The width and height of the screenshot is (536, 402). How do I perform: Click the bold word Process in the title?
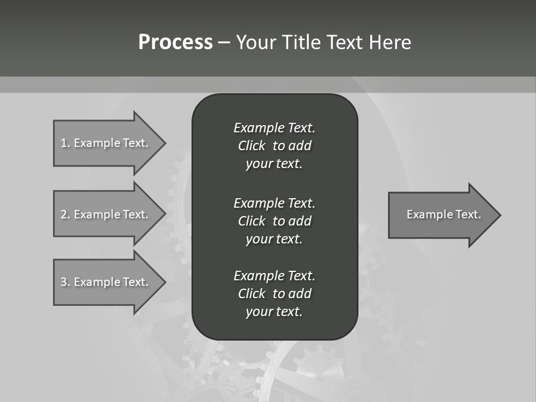coord(175,42)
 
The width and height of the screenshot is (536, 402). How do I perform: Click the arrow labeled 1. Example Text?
coord(106,143)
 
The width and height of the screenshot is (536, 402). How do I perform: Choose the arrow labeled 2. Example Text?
coord(106,214)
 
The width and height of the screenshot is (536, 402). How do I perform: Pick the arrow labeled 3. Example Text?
coord(106,282)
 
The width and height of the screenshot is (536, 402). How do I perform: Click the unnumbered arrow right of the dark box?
coord(441,215)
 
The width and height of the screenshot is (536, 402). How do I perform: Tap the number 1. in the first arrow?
coord(65,143)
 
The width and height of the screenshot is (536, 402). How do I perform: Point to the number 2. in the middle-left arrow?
coord(65,214)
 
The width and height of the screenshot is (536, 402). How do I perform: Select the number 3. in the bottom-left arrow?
coord(65,282)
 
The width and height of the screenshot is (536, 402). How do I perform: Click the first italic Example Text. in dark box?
coord(274,128)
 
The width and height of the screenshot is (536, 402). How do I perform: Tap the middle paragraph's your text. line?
coord(274,239)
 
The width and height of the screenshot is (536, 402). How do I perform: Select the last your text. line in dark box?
coord(274,312)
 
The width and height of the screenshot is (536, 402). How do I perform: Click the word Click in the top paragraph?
coord(251,146)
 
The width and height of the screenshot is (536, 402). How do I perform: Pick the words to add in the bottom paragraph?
coord(292,294)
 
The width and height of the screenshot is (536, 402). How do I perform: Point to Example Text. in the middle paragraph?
coord(274,203)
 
